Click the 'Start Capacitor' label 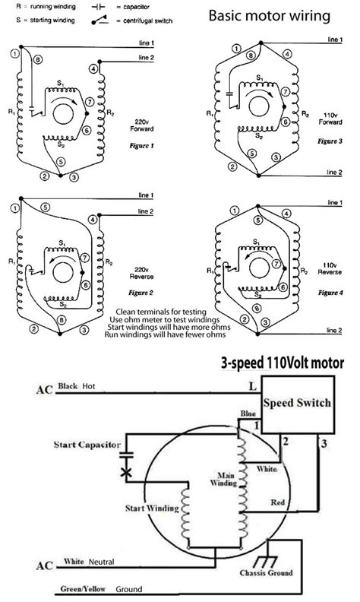pyautogui.click(x=87, y=442)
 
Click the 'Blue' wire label pyautogui.click(x=247, y=413)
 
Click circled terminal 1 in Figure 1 pyautogui.click(x=14, y=53)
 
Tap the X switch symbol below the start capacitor pyautogui.click(x=126, y=473)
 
